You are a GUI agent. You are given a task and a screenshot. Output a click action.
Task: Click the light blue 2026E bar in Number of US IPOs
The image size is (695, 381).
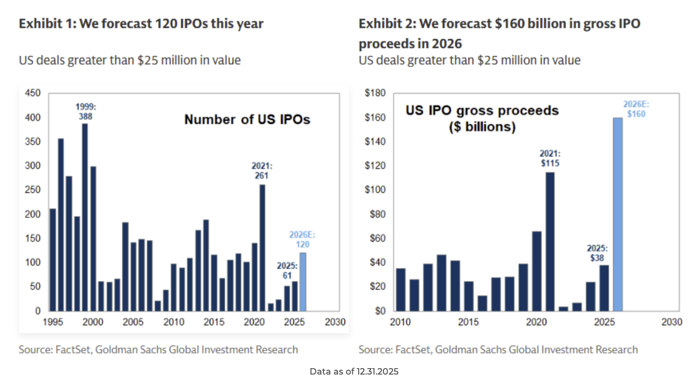click(x=302, y=282)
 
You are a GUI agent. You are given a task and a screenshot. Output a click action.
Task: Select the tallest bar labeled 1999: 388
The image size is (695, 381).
click(x=85, y=217)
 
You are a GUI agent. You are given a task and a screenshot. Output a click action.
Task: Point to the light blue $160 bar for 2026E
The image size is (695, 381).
click(x=618, y=214)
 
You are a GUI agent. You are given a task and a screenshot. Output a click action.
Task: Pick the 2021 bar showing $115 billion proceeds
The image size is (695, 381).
click(x=550, y=241)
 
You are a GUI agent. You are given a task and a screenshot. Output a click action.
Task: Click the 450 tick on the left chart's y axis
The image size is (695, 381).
click(x=33, y=93)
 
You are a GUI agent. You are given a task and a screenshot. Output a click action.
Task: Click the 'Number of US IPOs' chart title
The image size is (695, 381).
click(x=247, y=119)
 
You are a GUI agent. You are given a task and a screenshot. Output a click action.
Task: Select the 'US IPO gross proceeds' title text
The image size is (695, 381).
click(x=482, y=111)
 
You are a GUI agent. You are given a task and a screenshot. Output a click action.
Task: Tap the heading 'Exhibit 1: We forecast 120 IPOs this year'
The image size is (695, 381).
click(x=141, y=24)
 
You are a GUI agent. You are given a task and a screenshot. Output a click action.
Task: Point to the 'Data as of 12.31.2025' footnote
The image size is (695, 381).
click(x=354, y=371)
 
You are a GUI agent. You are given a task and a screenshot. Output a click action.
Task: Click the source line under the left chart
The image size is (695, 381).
click(x=158, y=350)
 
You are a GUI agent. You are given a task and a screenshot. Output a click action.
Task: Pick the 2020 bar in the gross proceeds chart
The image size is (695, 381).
click(x=536, y=271)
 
